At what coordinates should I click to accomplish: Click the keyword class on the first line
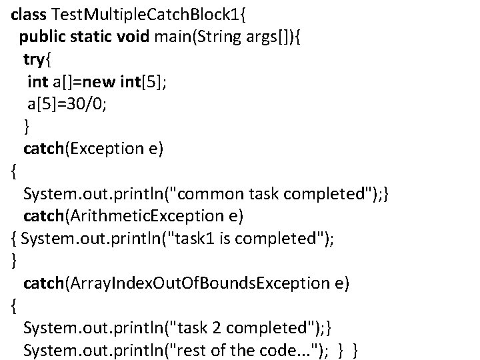(x=29, y=13)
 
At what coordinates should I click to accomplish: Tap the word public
(x=41, y=35)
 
